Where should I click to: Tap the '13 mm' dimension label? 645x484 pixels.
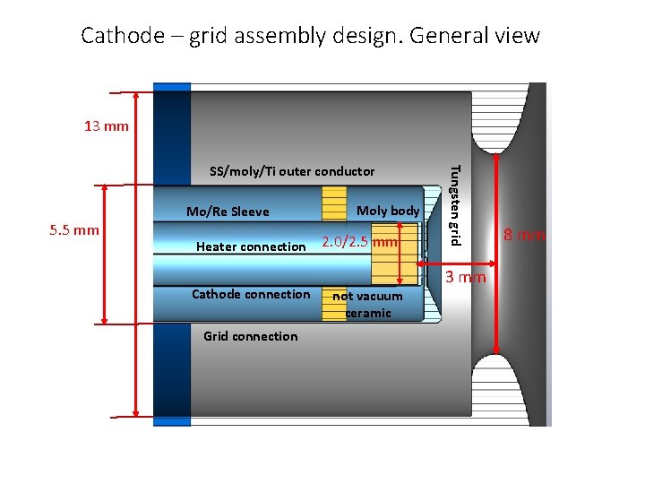(107, 126)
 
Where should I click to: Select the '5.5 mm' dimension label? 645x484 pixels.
(74, 229)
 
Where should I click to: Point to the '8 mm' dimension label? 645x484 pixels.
(524, 236)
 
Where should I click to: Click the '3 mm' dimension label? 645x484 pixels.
(466, 277)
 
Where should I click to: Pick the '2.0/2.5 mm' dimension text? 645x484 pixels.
(359, 243)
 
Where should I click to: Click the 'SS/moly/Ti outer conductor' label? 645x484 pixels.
(291, 171)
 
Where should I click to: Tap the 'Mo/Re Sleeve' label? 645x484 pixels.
(228, 212)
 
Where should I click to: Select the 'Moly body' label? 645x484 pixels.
(388, 211)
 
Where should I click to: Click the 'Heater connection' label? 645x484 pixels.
(251, 246)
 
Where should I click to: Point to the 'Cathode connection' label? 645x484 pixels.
(251, 294)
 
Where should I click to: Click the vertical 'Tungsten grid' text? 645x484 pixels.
(454, 204)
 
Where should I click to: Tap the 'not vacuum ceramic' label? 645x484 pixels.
(367, 304)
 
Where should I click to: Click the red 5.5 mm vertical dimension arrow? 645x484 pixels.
(106, 254)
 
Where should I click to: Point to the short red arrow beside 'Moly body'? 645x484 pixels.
(400, 253)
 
